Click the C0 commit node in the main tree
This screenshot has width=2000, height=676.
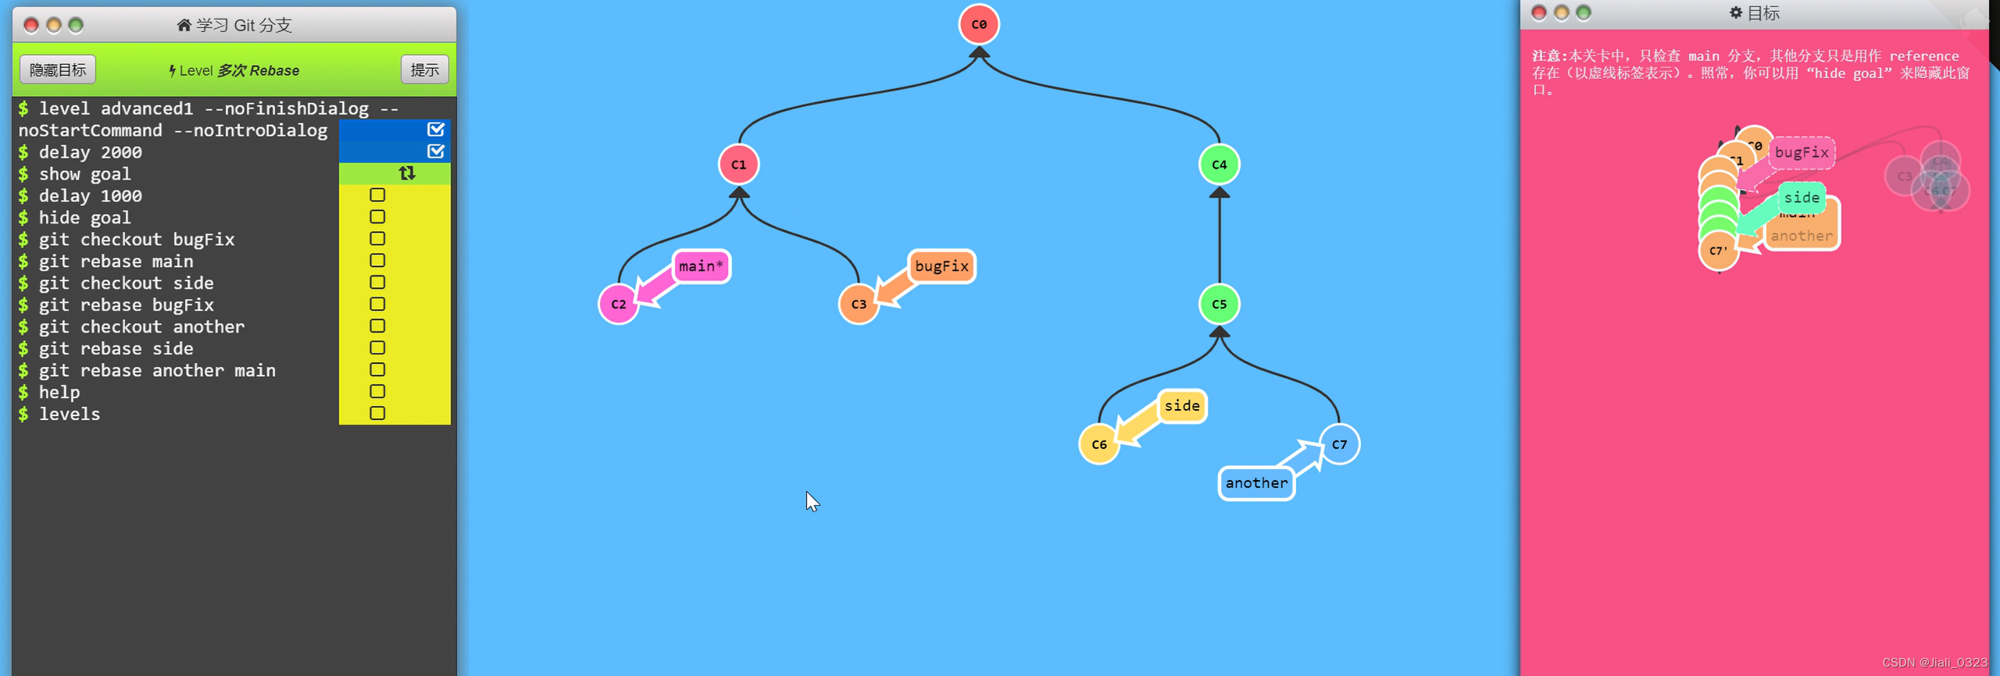coord(979,24)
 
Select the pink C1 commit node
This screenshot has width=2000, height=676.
coord(738,165)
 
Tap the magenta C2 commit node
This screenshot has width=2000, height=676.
coord(618,304)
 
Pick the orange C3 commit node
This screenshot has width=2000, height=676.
coord(859,304)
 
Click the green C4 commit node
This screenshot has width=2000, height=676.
coord(1219,165)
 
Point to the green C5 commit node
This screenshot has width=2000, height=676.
coord(1219,304)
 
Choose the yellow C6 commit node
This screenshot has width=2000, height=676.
coord(1099,444)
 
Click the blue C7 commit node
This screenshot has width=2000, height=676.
coord(1339,444)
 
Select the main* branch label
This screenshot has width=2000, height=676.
coord(701,266)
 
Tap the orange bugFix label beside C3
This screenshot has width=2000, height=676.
coord(941,266)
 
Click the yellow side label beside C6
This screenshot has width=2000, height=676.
coord(1182,406)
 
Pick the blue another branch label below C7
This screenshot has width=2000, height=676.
coord(1256,483)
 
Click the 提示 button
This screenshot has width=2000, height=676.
coord(424,70)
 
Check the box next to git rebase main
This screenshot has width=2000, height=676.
coord(377,261)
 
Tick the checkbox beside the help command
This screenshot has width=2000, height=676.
coord(377,392)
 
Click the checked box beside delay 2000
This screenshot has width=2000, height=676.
coord(436,151)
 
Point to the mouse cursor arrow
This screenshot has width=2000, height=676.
coord(811,500)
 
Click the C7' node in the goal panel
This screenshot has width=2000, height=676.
coord(1718,251)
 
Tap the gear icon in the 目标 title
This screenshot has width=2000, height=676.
coord(1736,12)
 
